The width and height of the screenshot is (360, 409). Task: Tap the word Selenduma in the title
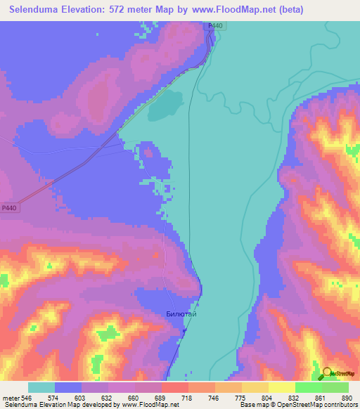[x=39, y=11]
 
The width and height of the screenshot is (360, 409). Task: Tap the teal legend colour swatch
[x=41, y=387]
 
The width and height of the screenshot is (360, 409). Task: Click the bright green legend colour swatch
[x=308, y=387]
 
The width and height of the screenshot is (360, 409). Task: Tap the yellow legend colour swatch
[x=281, y=387]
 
